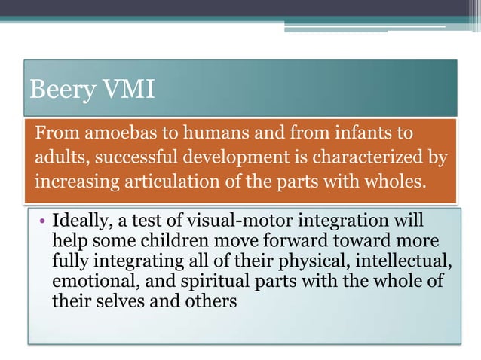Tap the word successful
click(130, 159)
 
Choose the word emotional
click(87, 282)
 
